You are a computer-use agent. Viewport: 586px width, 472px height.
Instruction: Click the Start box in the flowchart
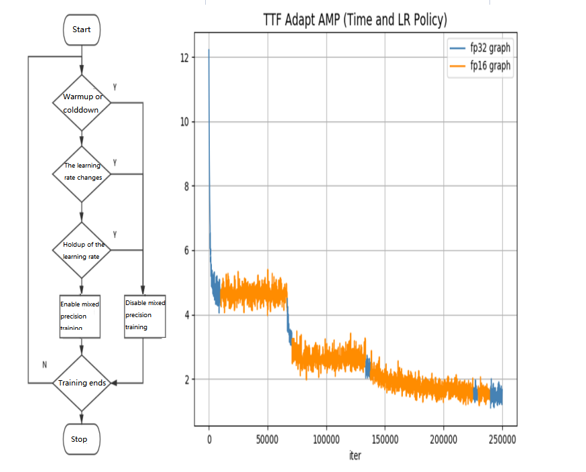tap(81, 29)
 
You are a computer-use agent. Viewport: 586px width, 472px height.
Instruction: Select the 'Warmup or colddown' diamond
tap(82, 103)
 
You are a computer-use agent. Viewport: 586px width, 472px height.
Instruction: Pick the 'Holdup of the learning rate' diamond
tap(82, 250)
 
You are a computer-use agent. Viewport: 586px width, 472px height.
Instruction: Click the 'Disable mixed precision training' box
tap(143, 316)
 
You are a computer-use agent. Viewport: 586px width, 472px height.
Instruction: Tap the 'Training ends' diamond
tap(82, 383)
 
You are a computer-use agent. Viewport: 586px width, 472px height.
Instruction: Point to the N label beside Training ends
tap(45, 365)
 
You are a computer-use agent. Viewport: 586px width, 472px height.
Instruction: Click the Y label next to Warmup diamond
tap(115, 87)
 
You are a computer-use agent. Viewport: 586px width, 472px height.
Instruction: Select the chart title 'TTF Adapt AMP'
tap(355, 21)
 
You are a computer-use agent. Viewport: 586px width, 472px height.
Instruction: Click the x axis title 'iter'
tap(355, 456)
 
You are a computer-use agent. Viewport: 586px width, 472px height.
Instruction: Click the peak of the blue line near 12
tap(209, 50)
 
